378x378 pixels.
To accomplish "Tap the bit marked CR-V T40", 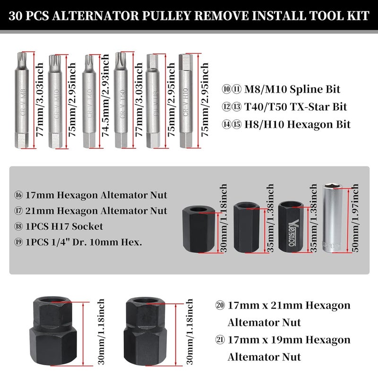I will (88, 102).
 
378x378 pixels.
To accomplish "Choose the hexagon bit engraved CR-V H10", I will (185, 102).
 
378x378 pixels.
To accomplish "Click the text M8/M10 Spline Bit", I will (289, 89).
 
